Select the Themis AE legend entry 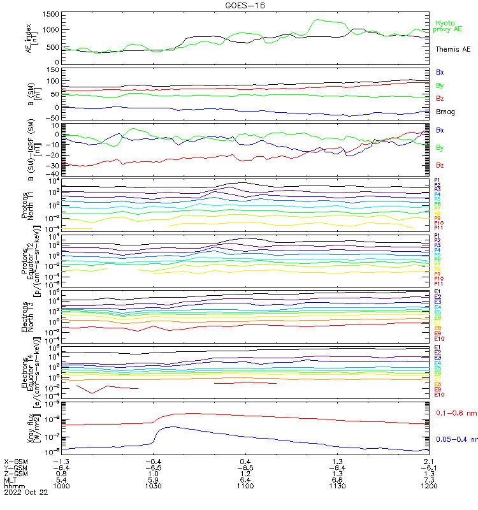coord(453,49)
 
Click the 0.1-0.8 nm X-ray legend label coord(456,414)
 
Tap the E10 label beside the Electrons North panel coord(438,339)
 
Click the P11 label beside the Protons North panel coord(438,228)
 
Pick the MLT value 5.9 coord(153,480)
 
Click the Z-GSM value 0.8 coord(61,474)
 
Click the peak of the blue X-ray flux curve coord(171,426)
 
